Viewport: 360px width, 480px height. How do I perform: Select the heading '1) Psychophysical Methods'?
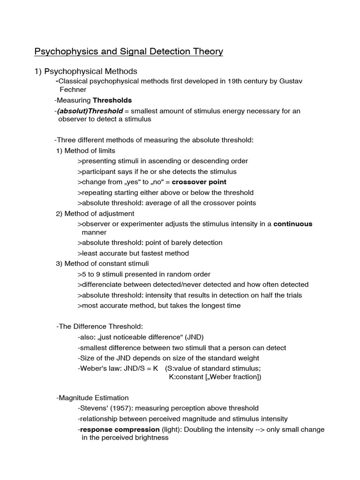(x=86, y=71)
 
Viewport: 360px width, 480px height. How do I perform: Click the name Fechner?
(x=73, y=90)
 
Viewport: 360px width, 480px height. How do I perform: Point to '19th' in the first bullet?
(x=210, y=81)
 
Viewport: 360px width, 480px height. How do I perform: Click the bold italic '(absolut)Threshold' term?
(x=90, y=111)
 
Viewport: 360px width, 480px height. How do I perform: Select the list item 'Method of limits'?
(x=86, y=150)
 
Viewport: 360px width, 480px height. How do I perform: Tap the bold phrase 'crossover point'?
(x=199, y=182)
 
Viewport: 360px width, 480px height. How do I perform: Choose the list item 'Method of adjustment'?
(x=95, y=214)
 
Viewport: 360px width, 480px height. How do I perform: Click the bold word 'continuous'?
(x=292, y=224)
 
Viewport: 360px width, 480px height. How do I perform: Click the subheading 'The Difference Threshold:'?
(x=99, y=327)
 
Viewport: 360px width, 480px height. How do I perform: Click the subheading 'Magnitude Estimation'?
(x=92, y=398)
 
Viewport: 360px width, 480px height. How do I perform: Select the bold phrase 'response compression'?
(x=120, y=429)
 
